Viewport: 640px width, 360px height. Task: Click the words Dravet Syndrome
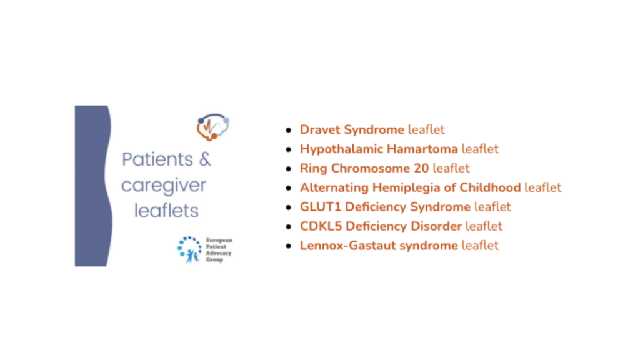[x=352, y=130]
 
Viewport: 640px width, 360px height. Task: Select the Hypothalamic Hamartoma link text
[x=379, y=149]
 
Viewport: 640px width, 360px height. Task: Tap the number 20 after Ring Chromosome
[x=421, y=168]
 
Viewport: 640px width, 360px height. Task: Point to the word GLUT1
[x=321, y=207]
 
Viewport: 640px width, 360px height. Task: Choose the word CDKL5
[x=321, y=226]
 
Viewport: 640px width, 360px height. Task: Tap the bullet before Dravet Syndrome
[x=289, y=130]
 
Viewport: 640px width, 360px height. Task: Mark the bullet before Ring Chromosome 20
[x=289, y=169]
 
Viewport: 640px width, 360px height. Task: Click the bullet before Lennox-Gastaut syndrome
[x=289, y=246]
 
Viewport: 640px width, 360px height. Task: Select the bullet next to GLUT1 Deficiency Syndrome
[x=289, y=207]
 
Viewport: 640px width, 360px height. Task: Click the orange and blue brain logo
[x=212, y=127]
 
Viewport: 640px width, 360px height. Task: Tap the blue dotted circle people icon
[x=189, y=249]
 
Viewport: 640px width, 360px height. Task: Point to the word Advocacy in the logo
[x=218, y=253]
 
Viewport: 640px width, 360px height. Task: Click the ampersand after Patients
[x=205, y=159]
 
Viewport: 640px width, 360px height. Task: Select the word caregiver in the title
[x=164, y=186]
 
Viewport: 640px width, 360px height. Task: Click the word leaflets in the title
[x=166, y=211]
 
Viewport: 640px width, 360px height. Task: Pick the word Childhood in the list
[x=490, y=187]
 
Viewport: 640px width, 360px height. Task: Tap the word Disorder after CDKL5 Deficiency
[x=436, y=226]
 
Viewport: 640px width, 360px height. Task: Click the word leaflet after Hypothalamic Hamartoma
[x=480, y=149]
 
